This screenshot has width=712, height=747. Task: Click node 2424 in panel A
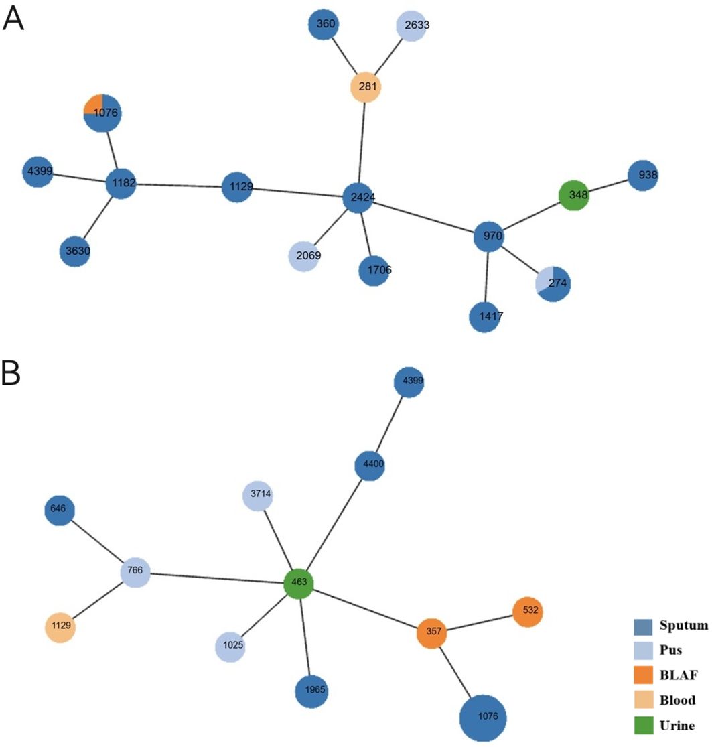coord(359,198)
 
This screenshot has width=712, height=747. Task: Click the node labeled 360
coord(326,25)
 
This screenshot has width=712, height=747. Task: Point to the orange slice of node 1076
coord(93,105)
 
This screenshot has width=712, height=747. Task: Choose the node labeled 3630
coord(78,251)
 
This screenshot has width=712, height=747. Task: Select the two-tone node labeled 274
coord(553,284)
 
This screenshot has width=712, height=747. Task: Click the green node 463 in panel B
coord(299,582)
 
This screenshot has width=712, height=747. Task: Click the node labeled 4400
coord(370,464)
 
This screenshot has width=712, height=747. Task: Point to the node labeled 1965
coord(312,689)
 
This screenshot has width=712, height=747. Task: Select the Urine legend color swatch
coord(643,725)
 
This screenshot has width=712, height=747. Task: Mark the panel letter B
coord(13,375)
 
